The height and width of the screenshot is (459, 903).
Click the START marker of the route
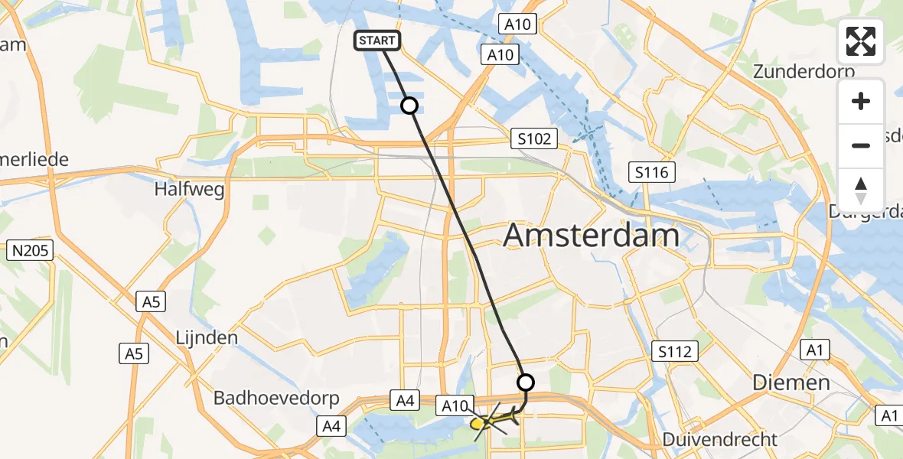tap(377, 41)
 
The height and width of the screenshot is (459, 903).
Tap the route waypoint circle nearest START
tap(410, 106)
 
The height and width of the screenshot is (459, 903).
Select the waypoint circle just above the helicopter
tap(526, 382)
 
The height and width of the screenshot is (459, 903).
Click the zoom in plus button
tap(861, 101)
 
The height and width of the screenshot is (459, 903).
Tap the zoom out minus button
tap(861, 145)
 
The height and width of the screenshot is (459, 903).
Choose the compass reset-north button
tap(861, 190)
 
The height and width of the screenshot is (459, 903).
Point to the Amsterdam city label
tap(591, 236)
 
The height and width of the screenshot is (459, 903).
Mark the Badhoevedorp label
tap(272, 398)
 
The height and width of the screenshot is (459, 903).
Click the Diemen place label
tap(791, 382)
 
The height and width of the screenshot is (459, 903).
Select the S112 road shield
tap(674, 351)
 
